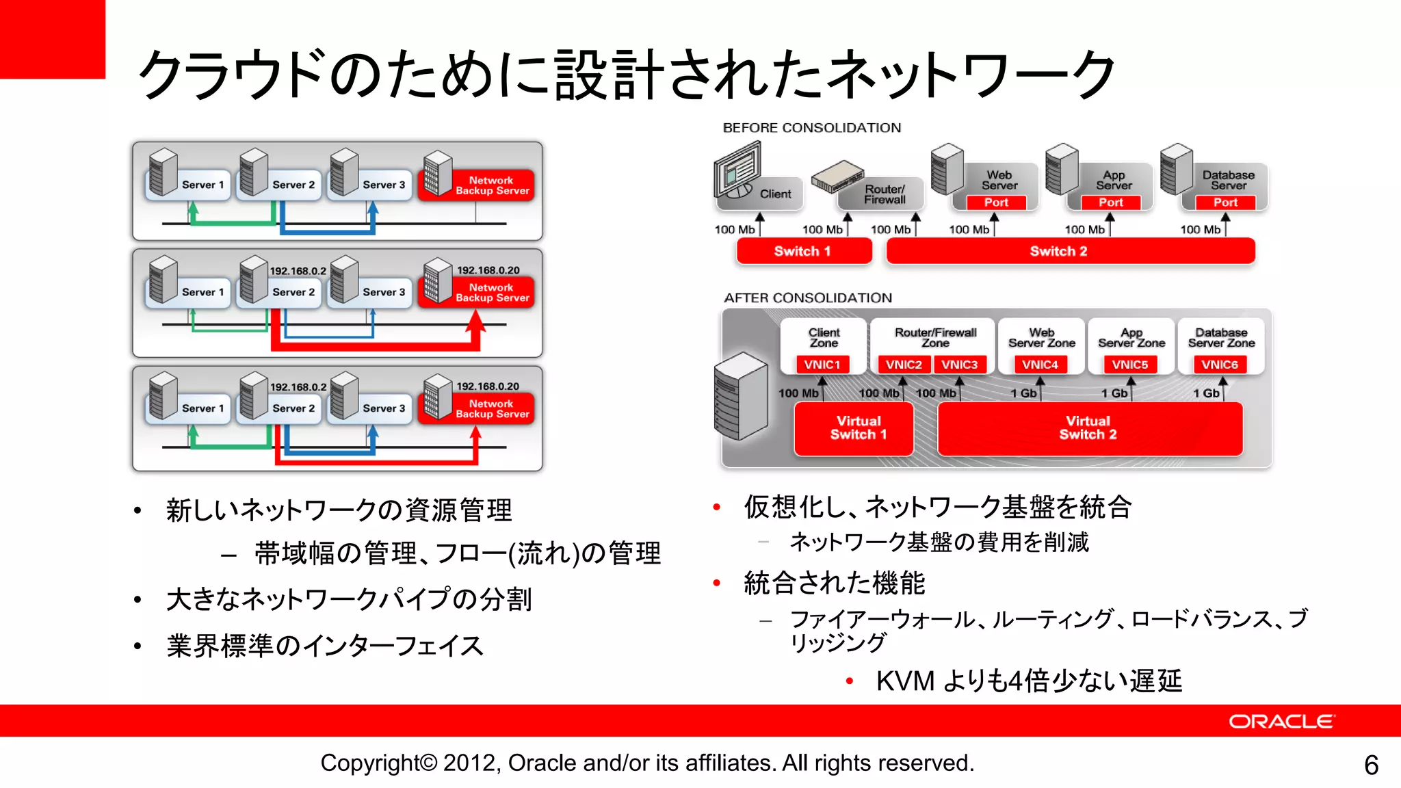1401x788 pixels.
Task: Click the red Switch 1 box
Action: (x=803, y=251)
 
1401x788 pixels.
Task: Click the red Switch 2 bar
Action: (x=1070, y=251)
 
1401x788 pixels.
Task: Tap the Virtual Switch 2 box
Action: (x=1089, y=428)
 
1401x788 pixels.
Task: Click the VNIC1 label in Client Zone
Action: (x=822, y=365)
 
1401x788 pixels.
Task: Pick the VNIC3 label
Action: (x=959, y=365)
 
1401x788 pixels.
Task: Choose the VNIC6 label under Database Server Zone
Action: (x=1220, y=365)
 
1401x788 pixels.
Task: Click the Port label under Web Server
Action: (x=996, y=202)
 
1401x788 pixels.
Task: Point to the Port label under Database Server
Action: (x=1225, y=202)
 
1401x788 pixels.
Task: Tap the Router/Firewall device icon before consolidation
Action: (x=836, y=176)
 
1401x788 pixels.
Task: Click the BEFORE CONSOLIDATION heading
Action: (x=811, y=128)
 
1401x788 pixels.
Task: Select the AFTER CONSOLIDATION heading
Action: (x=808, y=298)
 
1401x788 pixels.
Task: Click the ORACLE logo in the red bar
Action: (x=1281, y=722)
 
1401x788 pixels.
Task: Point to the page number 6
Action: (x=1371, y=765)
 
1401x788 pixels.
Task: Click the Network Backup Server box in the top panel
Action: (x=492, y=185)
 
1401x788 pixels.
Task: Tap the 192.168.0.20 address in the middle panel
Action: (x=488, y=270)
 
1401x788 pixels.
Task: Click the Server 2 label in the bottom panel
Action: (x=293, y=408)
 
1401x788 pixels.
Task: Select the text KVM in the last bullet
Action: (x=904, y=681)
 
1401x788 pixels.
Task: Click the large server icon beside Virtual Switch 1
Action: (x=740, y=397)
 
